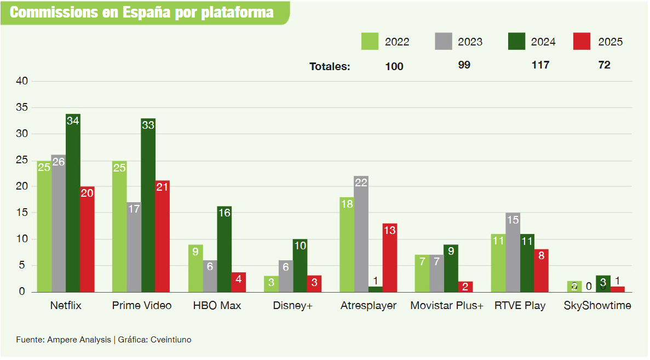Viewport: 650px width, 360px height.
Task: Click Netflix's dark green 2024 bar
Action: point(73,203)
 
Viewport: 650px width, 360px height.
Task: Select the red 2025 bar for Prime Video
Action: point(162,236)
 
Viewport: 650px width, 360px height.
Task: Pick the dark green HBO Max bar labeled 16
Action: point(224,249)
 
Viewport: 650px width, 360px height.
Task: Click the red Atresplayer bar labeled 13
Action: point(390,258)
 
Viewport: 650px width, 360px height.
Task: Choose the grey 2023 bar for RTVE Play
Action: point(513,252)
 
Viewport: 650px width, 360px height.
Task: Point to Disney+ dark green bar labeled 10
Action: point(300,265)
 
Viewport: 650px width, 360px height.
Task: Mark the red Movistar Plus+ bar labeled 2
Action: point(465,287)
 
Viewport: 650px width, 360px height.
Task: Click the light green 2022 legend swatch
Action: point(370,42)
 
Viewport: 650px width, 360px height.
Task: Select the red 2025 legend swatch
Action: point(582,42)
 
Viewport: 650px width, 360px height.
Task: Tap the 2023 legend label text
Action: point(470,42)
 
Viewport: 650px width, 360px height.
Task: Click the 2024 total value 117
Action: point(540,65)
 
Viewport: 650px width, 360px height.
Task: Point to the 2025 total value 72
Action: point(604,65)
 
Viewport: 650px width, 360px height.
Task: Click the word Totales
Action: point(329,67)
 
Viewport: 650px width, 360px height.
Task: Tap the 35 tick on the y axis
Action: point(22,108)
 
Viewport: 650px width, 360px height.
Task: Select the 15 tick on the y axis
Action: point(22,213)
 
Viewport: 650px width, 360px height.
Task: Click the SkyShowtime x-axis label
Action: point(597,306)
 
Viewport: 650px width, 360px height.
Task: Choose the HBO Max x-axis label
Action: point(217,306)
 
